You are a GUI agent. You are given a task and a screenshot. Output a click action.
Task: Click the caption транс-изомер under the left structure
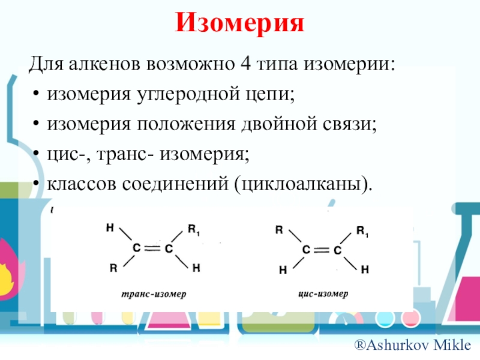click(154, 295)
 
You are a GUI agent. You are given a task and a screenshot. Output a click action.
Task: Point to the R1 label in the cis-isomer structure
click(362, 230)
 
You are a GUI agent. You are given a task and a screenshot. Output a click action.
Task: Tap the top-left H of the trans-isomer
click(109, 227)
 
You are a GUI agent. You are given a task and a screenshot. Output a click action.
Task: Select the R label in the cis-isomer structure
click(278, 229)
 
